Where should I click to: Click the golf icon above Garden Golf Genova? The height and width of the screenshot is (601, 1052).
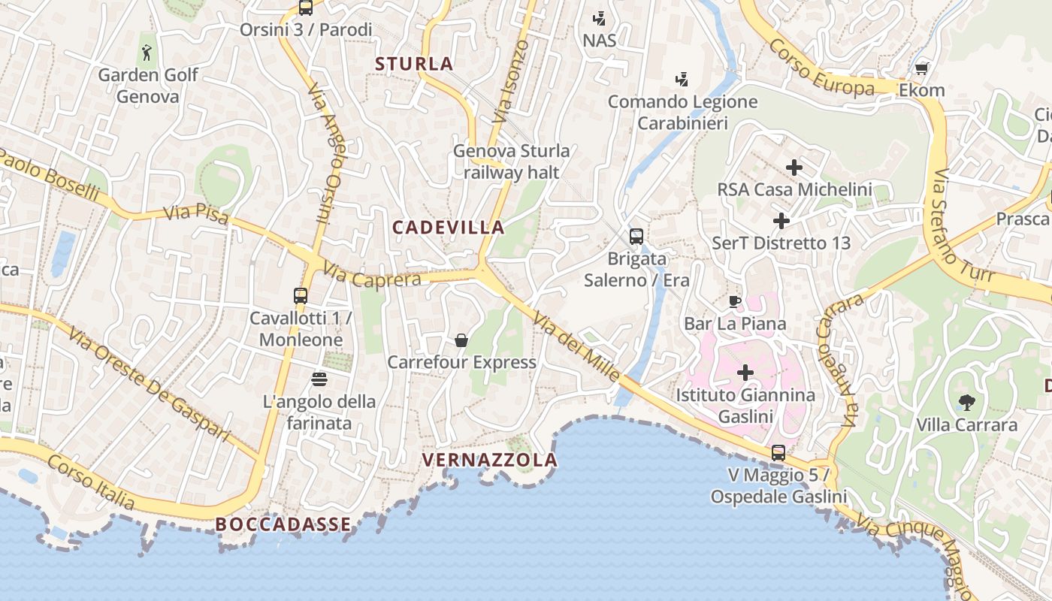tap(147, 53)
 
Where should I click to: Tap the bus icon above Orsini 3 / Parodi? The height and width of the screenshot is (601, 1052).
tap(305, 8)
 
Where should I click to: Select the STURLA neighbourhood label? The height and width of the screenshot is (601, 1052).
tap(414, 64)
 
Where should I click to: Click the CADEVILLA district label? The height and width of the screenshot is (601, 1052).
tap(449, 227)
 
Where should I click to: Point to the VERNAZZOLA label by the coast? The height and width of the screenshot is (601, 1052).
tap(490, 460)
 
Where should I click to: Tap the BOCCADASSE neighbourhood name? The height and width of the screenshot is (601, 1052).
tap(283, 524)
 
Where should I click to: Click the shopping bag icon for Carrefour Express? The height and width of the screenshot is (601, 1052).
tap(461, 340)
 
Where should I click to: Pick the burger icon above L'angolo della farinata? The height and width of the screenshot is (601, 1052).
tap(319, 379)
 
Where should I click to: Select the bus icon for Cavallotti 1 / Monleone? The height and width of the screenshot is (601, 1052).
tap(301, 296)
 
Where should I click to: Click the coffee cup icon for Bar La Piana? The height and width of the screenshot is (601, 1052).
tap(735, 302)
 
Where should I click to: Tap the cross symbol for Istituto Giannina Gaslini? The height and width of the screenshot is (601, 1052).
tap(745, 373)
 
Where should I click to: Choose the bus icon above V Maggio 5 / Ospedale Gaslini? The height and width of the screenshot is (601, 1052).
tap(778, 453)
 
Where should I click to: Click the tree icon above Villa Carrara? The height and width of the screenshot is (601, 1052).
tap(966, 403)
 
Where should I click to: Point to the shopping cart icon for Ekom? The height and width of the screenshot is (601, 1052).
tap(922, 68)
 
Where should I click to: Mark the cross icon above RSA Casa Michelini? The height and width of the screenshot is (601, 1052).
tap(794, 168)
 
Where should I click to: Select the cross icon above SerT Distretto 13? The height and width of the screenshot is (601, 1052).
tap(781, 221)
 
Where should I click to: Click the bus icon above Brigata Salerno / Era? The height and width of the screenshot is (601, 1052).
tap(636, 237)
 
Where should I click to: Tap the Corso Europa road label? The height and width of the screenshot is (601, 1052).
tap(821, 68)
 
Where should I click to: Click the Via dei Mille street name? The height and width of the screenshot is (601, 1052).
tap(577, 348)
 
